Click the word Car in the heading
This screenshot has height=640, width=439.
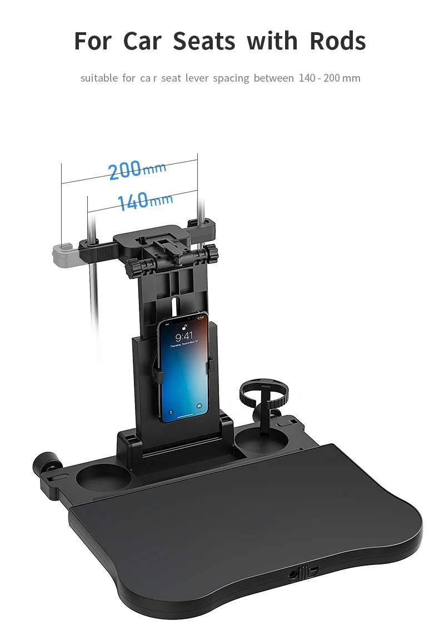(142, 41)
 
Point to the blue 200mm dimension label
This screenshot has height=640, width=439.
(137, 169)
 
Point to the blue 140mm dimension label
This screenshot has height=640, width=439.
(144, 200)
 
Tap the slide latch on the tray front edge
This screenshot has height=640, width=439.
(302, 573)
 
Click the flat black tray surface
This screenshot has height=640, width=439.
(250, 517)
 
